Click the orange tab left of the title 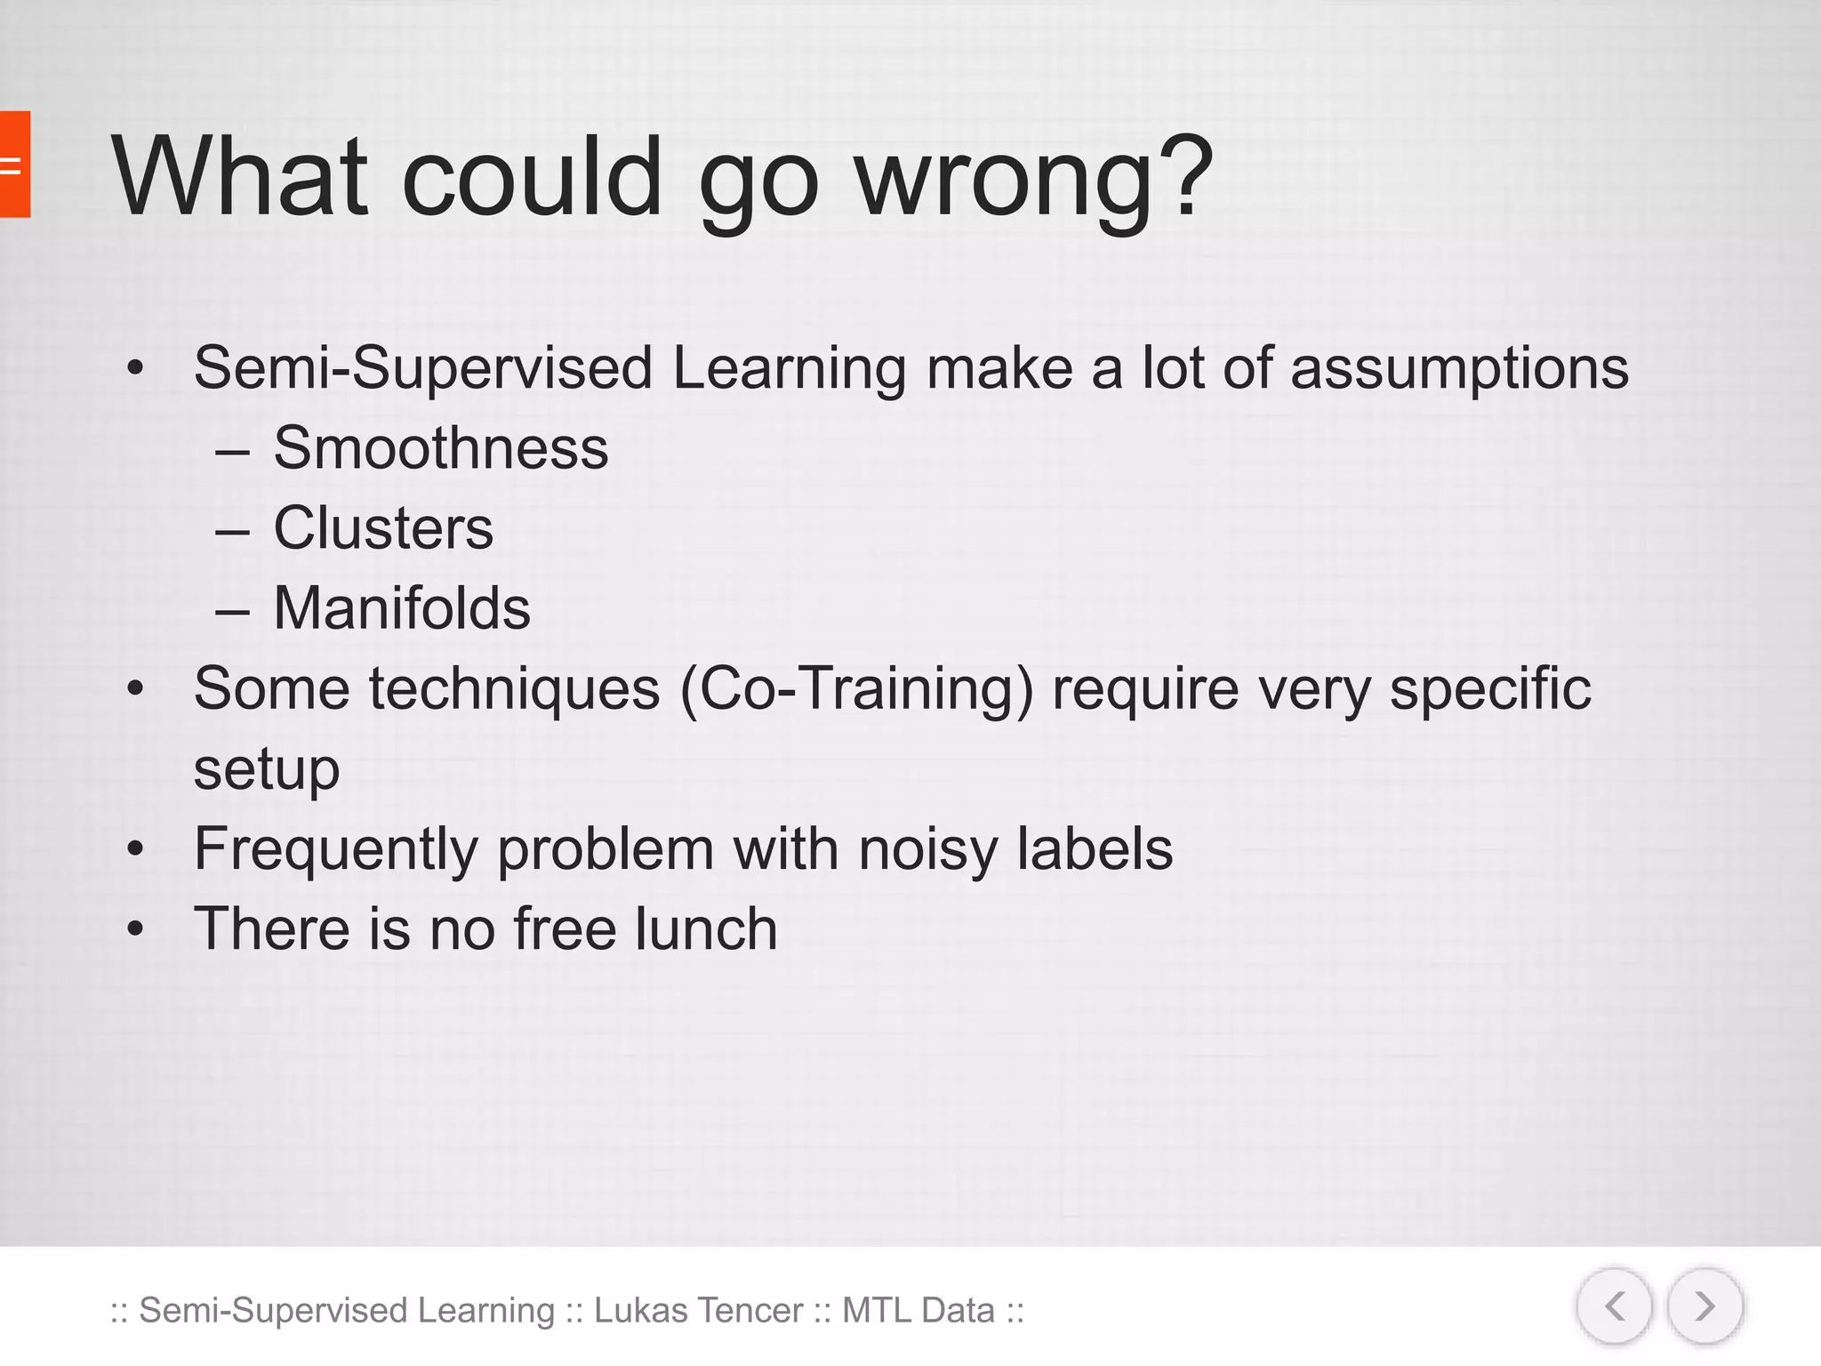(x=14, y=165)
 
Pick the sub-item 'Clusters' (x=382, y=528)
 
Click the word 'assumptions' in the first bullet (x=1459, y=368)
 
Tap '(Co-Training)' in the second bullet (x=857, y=689)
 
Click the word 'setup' (x=267, y=768)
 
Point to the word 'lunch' (x=706, y=928)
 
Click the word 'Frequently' (x=336, y=850)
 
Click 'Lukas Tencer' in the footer (x=698, y=1310)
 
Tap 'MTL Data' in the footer (x=918, y=1310)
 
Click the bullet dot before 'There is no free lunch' (x=135, y=929)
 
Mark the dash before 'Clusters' (x=232, y=532)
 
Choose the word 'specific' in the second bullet (x=1489, y=689)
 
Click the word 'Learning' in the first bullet (x=789, y=368)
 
